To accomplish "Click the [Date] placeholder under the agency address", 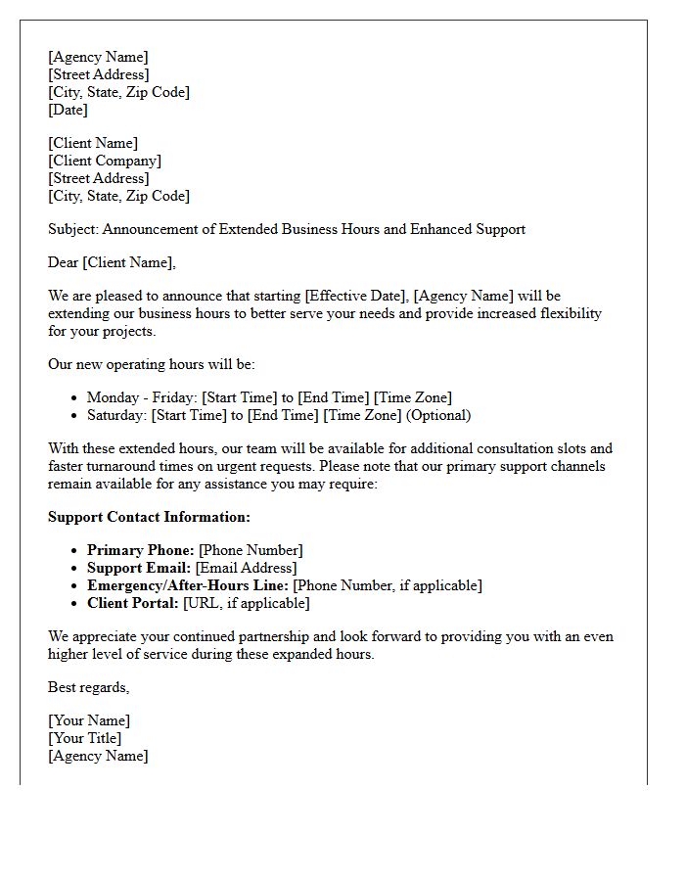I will pyautogui.click(x=68, y=110).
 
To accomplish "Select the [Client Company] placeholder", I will pyautogui.click(x=105, y=161).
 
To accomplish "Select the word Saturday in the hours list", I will pyautogui.click(x=115, y=415).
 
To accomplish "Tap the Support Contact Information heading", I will pyautogui.click(x=149, y=517).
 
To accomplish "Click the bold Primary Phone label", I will pyautogui.click(x=141, y=550).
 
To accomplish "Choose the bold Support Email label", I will pyautogui.click(x=139, y=568).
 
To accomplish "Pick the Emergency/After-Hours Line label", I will pyautogui.click(x=188, y=585).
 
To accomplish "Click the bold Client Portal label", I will pyautogui.click(x=133, y=603).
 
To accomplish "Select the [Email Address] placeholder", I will pyautogui.click(x=246, y=568).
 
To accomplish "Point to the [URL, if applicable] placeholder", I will pyautogui.click(x=246, y=603).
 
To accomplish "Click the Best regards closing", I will pyautogui.click(x=88, y=687).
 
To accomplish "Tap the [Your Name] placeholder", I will pyautogui.click(x=89, y=720).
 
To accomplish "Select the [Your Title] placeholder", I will pyautogui.click(x=85, y=738).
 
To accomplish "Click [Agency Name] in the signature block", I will pyautogui.click(x=98, y=756).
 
